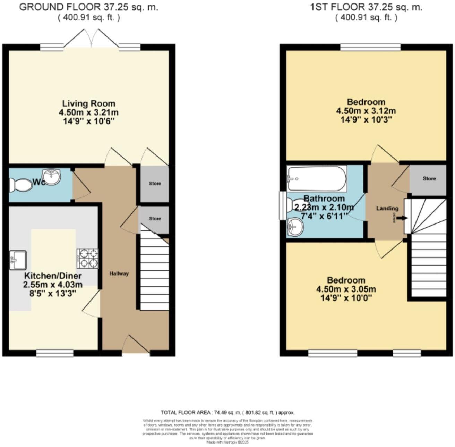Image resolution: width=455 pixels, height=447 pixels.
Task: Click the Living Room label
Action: (88, 103)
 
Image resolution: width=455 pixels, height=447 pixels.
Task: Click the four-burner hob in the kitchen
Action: (87, 259)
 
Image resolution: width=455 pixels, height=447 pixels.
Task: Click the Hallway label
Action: (119, 273)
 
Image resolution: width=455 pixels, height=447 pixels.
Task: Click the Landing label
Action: (387, 209)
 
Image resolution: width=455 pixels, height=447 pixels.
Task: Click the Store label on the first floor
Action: (429, 179)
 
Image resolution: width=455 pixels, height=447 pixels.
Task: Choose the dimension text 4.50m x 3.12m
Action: (366, 111)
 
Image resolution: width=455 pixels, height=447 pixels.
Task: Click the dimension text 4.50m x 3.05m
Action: (346, 289)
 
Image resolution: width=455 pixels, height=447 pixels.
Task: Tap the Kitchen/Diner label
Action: (53, 276)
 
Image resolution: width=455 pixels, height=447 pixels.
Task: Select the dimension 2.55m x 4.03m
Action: (53, 285)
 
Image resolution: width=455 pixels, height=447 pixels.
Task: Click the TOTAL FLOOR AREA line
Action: (227, 413)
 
